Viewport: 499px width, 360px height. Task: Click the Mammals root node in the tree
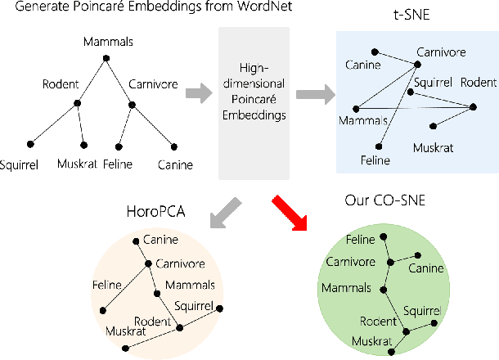pyautogui.click(x=106, y=56)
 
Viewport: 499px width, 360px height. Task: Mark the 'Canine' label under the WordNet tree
pyautogui.click(x=175, y=164)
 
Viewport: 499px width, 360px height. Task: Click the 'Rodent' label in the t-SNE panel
pyautogui.click(x=478, y=83)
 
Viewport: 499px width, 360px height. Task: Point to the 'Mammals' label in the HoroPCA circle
pyautogui.click(x=190, y=285)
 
